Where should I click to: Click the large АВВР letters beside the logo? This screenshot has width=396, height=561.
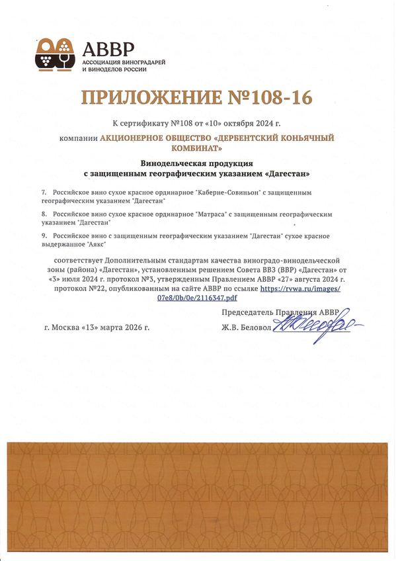108,48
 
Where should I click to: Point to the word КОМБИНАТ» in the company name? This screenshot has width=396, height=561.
198,150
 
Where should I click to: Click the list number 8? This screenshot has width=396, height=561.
43,214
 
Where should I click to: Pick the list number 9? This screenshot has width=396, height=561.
43,236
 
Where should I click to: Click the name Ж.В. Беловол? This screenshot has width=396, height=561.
247,327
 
